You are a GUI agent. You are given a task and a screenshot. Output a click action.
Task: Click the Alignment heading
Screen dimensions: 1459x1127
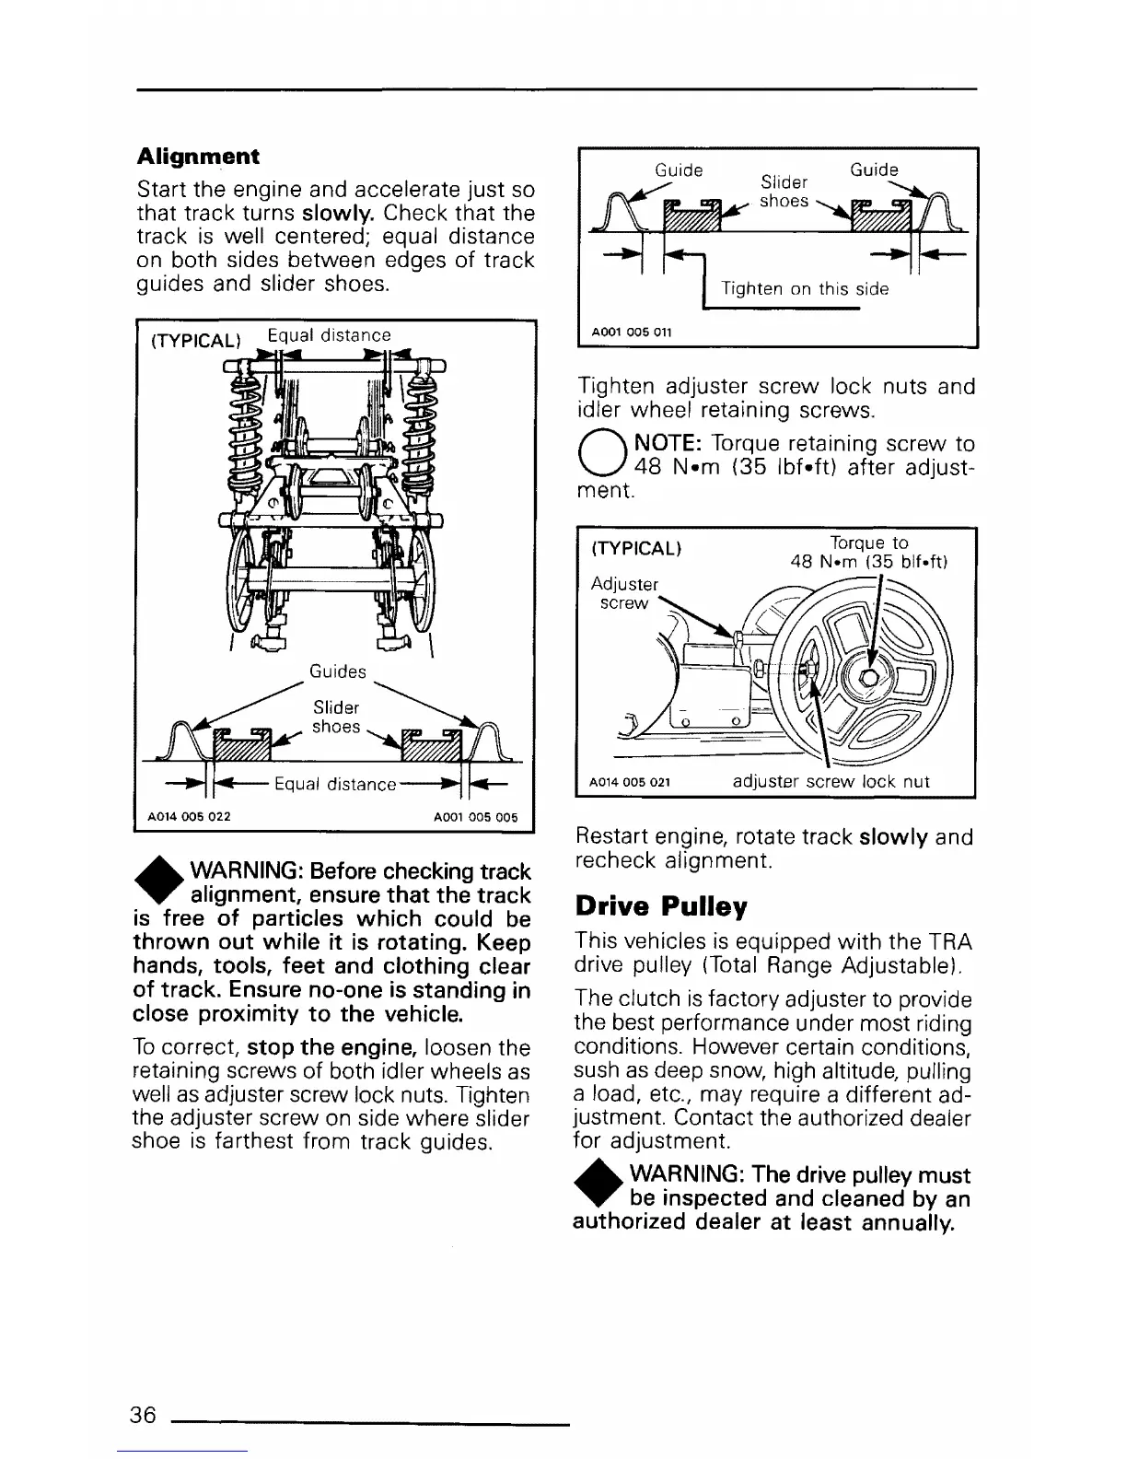[197, 156]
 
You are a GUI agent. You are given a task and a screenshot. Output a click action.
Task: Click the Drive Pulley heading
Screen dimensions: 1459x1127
[660, 906]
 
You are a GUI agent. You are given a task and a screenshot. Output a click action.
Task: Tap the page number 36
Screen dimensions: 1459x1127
[143, 1414]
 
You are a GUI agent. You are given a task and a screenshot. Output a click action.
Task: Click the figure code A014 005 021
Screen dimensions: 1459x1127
[629, 783]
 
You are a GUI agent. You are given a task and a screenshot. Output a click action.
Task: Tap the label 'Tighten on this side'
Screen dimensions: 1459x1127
[805, 289]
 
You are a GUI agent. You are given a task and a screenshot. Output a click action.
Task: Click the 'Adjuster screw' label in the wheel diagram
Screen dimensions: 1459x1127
[624, 593]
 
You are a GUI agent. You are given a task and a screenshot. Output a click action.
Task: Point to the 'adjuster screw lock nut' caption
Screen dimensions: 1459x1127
[831, 782]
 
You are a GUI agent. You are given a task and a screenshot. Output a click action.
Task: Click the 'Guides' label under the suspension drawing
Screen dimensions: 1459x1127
[338, 671]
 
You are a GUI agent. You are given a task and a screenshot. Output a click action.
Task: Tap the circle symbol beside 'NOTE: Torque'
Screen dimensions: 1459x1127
[598, 455]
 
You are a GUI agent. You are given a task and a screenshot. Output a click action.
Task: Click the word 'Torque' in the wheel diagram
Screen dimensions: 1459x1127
[856, 543]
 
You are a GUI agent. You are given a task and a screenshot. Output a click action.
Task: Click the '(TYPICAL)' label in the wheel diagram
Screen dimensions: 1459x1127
[635, 549]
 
